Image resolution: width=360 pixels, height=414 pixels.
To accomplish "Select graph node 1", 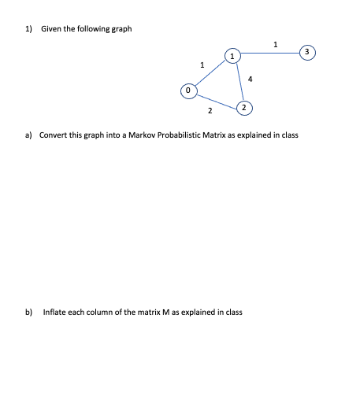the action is pyautogui.click(x=232, y=56).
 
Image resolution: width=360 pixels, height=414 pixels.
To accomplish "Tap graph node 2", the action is pyautogui.click(x=244, y=105).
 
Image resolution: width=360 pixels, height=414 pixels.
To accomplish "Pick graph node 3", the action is pyautogui.click(x=310, y=52).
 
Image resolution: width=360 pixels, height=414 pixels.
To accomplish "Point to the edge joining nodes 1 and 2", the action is pyautogui.click(x=238, y=80).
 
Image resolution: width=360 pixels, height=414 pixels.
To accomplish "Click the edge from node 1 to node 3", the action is pyautogui.click(x=270, y=54).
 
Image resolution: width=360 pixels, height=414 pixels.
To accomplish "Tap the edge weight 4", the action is pyautogui.click(x=250, y=78).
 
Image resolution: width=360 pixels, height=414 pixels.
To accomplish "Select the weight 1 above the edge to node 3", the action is pyautogui.click(x=274, y=44).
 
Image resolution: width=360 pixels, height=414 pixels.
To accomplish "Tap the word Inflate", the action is pyautogui.click(x=54, y=312).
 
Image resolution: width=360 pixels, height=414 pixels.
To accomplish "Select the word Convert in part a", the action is pyautogui.click(x=52, y=135).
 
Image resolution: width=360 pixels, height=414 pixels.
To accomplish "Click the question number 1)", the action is pyautogui.click(x=28, y=29).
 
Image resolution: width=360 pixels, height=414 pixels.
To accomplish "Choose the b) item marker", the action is pyautogui.click(x=29, y=312).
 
